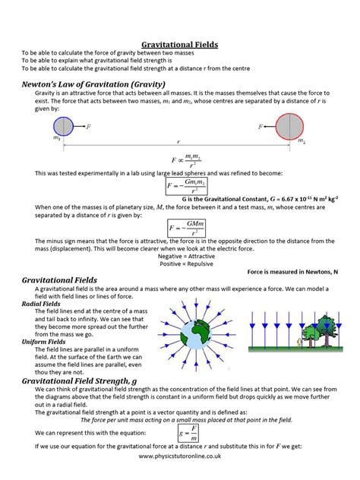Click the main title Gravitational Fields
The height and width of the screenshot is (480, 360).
(180, 45)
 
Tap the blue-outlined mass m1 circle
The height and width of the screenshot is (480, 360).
(63, 127)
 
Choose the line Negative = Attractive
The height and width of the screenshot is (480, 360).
(180, 257)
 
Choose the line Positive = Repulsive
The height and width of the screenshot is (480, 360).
(180, 264)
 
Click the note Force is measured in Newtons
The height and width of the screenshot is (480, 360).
(292, 271)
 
